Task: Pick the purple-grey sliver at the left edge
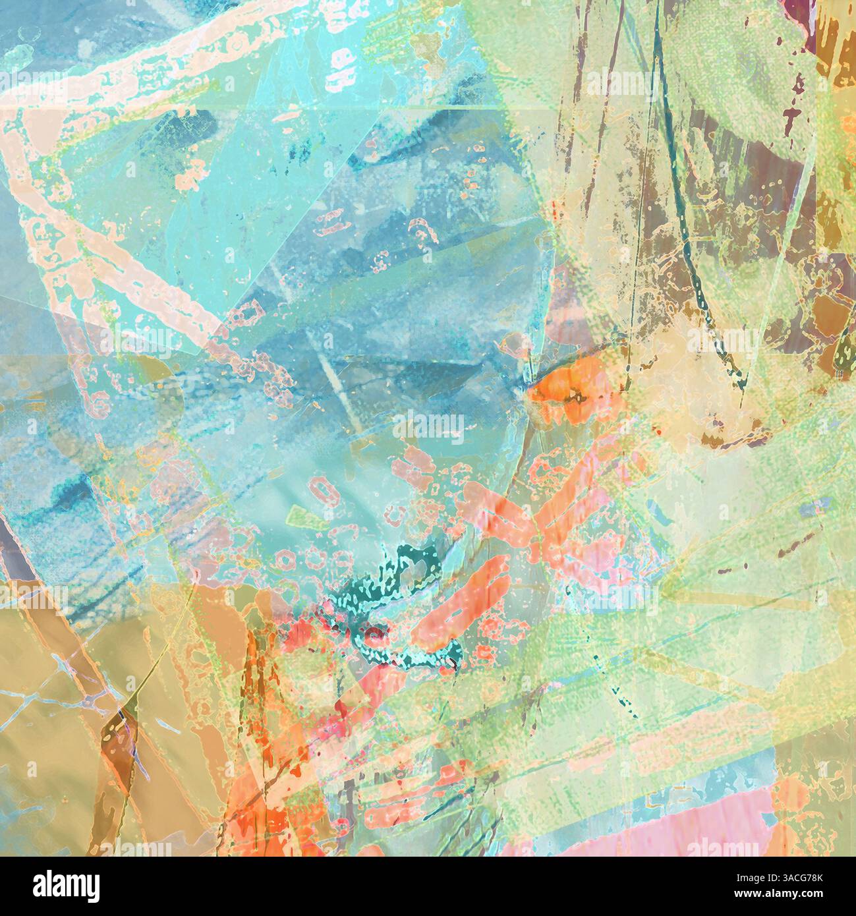pyautogui.click(x=8, y=560)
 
